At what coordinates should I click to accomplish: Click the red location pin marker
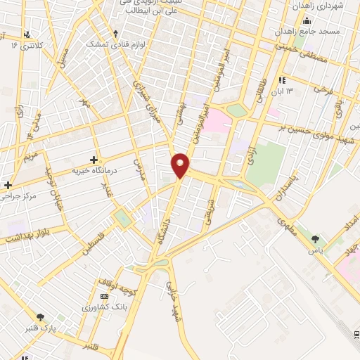pyautogui.click(x=181, y=165)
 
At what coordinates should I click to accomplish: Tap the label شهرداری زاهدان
pyautogui.click(x=322, y=6)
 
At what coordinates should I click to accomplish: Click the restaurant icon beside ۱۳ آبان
pyautogui.click(x=282, y=80)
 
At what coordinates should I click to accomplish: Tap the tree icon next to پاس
pyautogui.click(x=315, y=239)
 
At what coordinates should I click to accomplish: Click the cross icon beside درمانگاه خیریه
pyautogui.click(x=94, y=160)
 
